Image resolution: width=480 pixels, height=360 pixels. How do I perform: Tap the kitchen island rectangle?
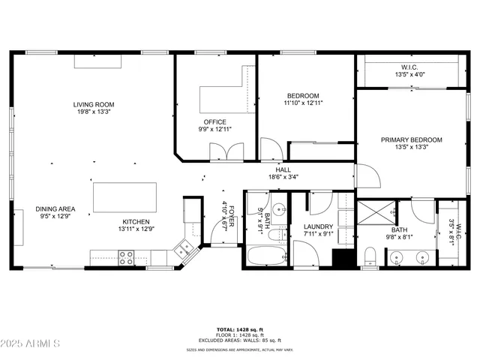[x=124, y=197]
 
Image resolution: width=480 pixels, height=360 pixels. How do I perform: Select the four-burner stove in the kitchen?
[x=124, y=257]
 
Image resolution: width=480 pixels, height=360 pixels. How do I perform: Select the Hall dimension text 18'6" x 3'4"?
[x=283, y=177]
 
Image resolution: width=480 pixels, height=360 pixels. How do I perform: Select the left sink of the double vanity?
[x=397, y=259]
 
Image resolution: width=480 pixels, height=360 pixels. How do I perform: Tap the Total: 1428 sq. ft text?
[x=240, y=329]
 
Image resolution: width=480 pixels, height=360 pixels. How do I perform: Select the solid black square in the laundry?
[x=343, y=258]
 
